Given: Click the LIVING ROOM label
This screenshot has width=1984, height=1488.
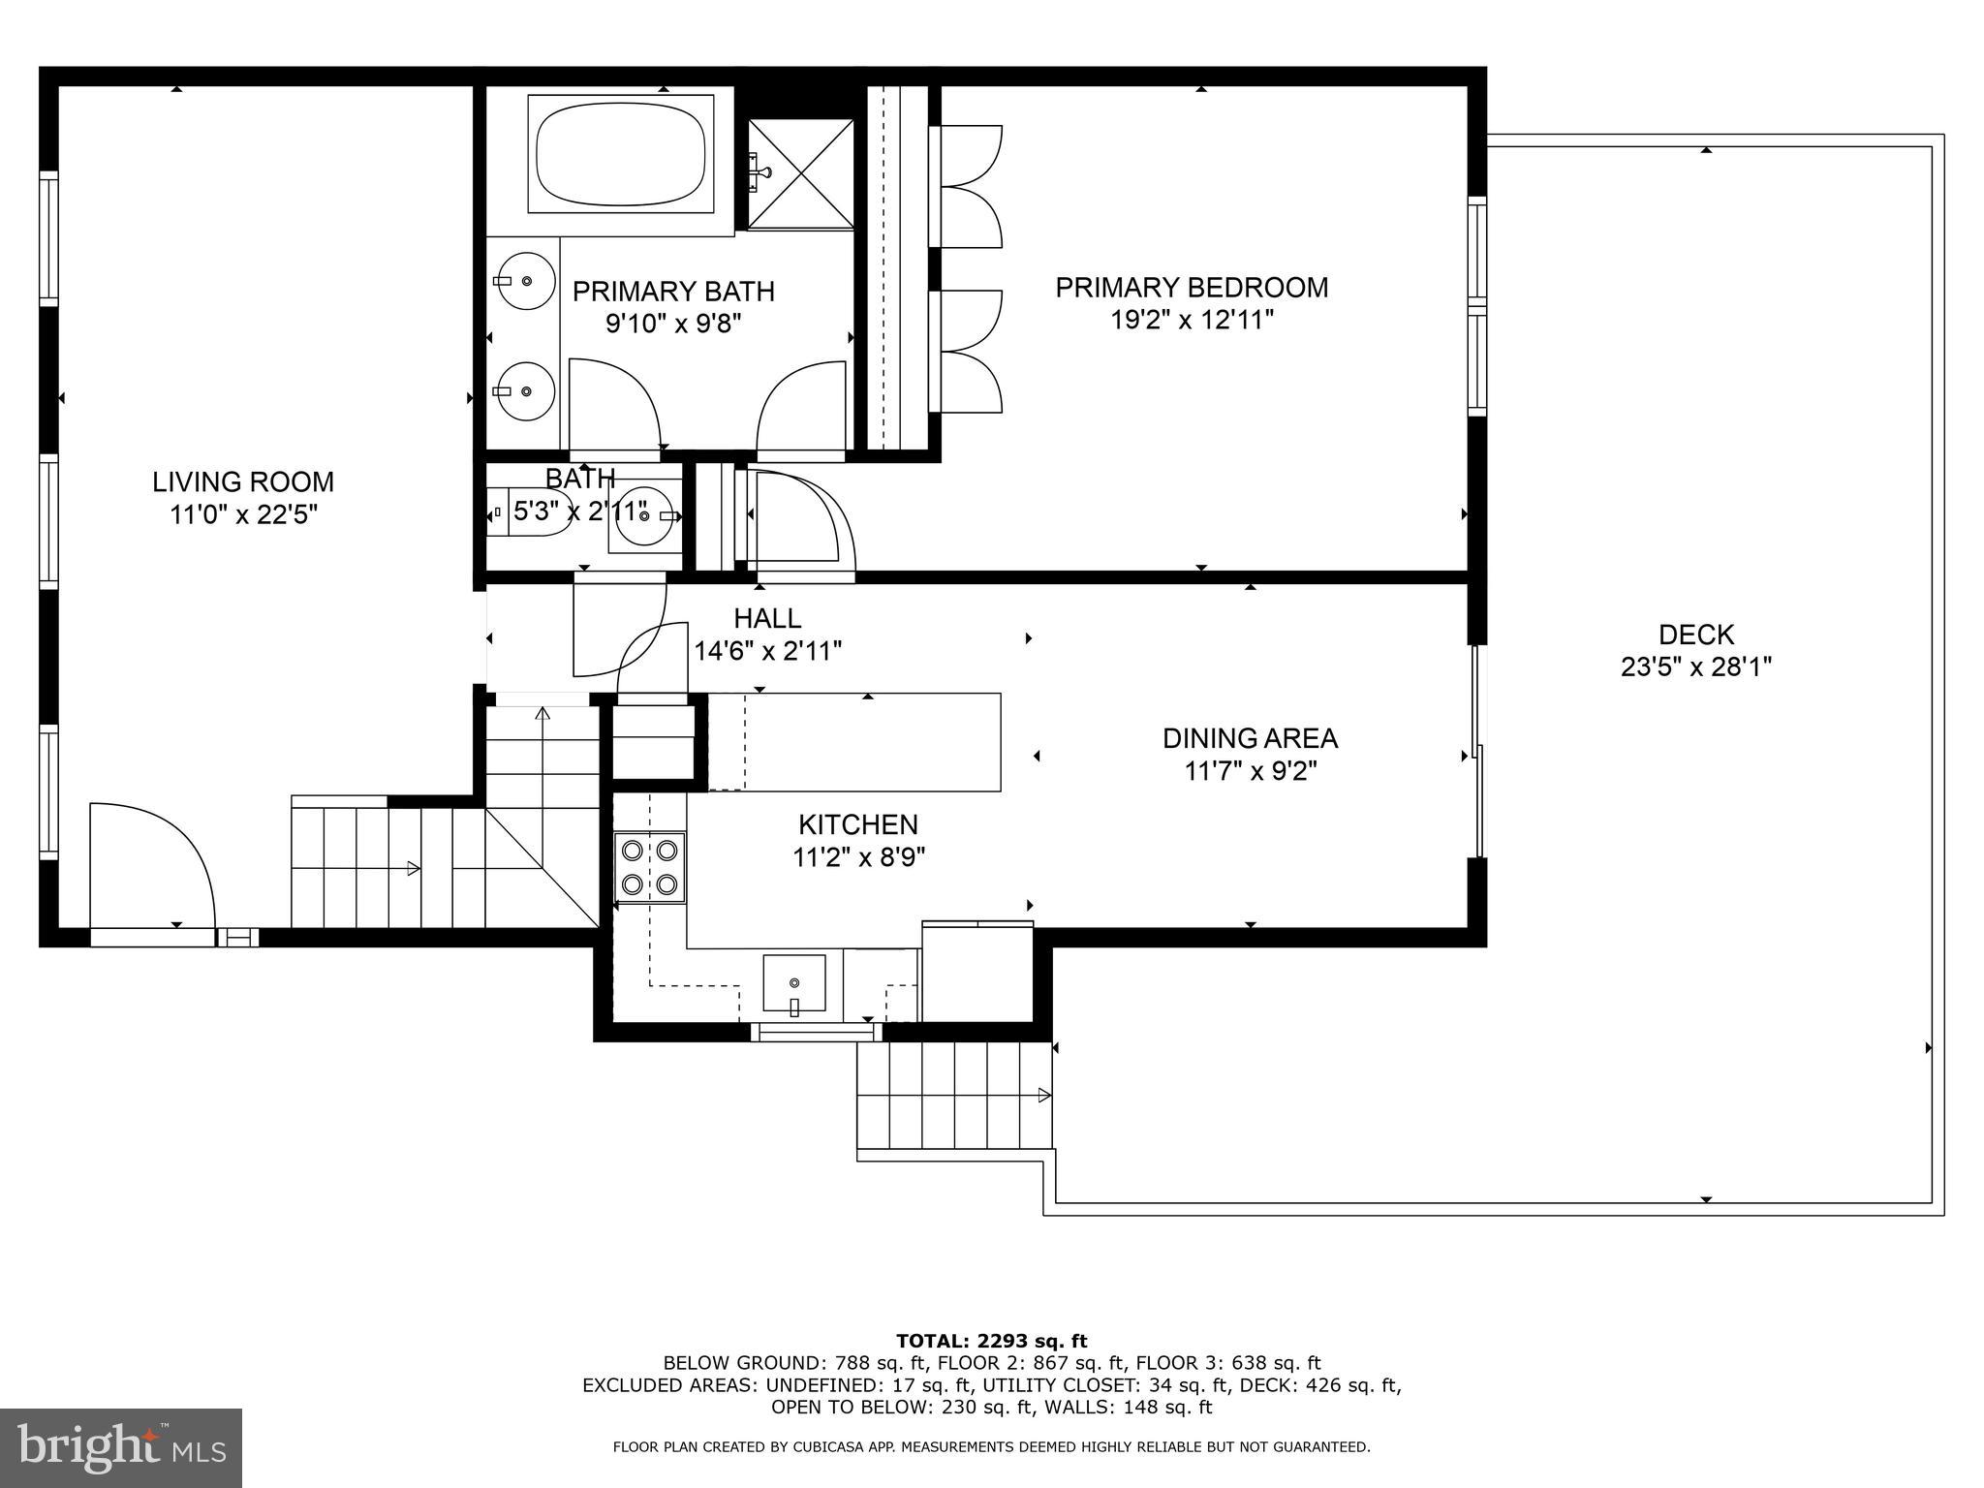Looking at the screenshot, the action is point(243,481).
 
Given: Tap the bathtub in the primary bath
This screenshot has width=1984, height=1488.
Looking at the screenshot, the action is point(621,154).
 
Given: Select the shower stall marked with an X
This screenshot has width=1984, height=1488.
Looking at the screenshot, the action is point(801,173).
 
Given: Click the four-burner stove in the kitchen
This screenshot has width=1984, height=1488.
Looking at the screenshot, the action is point(650,868).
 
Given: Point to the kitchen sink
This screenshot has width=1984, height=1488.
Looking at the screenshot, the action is point(794,983).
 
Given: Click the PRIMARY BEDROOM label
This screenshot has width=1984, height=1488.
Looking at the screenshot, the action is point(1192,288).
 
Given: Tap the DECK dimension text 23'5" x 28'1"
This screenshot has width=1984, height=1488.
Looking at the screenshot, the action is point(1696,667).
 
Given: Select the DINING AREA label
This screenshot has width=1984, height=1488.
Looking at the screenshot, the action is point(1250,738).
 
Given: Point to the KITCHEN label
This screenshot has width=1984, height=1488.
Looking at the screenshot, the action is point(858,824).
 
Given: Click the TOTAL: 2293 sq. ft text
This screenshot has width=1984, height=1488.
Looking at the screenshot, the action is point(992,1342).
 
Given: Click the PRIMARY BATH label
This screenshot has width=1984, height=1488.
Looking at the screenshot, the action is point(673,292).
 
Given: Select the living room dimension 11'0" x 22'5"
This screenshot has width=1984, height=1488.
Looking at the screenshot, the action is point(243,514).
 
